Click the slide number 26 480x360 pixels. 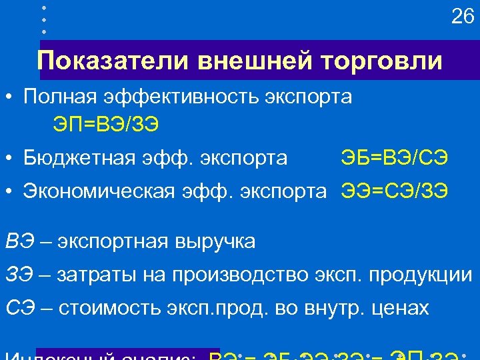coord(462,17)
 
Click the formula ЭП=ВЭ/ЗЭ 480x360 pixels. coord(107,124)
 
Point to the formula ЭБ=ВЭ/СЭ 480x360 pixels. coord(394,158)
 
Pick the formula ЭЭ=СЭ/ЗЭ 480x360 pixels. coord(395,191)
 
